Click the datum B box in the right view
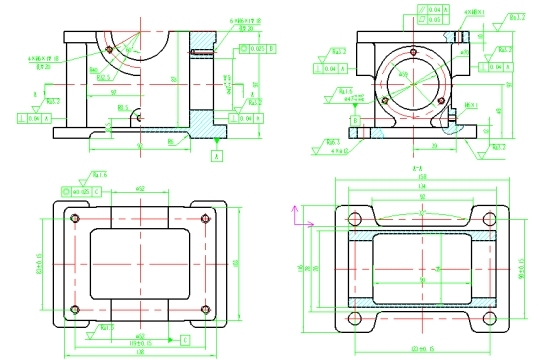point(355,118)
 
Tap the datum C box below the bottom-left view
point(170,342)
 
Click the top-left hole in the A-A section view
point(354,220)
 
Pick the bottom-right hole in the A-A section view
point(489,318)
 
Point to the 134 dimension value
point(420,187)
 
